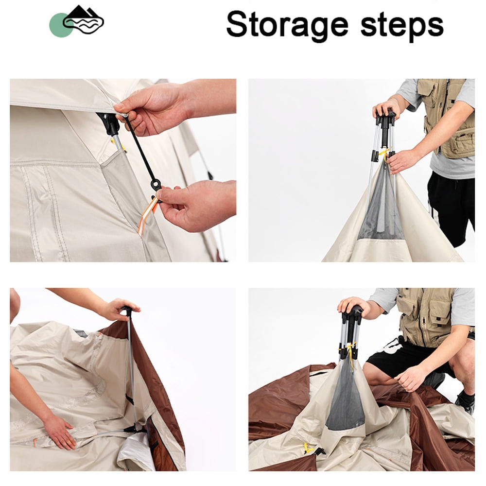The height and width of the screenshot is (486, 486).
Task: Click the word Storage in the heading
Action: (x=287, y=25)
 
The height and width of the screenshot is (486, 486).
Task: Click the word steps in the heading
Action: (x=402, y=25)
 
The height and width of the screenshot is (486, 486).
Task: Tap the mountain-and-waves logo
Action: (x=84, y=20)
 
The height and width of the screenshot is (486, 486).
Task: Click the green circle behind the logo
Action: (x=59, y=25)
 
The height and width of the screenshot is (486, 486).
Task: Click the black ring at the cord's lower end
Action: (x=156, y=185)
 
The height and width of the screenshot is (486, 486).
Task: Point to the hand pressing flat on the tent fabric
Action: (x=59, y=431)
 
